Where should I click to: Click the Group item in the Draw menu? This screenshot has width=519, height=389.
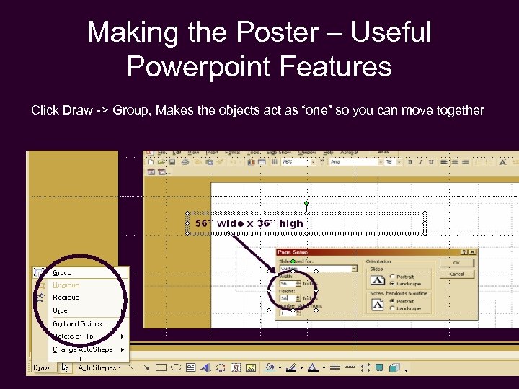click(63, 273)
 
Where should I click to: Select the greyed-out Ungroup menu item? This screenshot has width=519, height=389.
click(66, 285)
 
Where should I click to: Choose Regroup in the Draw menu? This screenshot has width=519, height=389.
click(66, 298)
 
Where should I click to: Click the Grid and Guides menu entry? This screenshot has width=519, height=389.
click(79, 324)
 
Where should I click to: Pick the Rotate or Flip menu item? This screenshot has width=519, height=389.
click(74, 336)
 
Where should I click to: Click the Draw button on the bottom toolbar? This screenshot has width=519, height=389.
click(42, 367)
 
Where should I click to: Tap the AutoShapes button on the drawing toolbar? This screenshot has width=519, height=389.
click(99, 367)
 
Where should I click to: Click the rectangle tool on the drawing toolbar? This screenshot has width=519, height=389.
click(161, 367)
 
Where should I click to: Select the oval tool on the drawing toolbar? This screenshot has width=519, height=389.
click(176, 367)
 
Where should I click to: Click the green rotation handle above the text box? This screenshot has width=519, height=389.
click(307, 204)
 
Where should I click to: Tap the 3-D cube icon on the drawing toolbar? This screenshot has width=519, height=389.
click(394, 367)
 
